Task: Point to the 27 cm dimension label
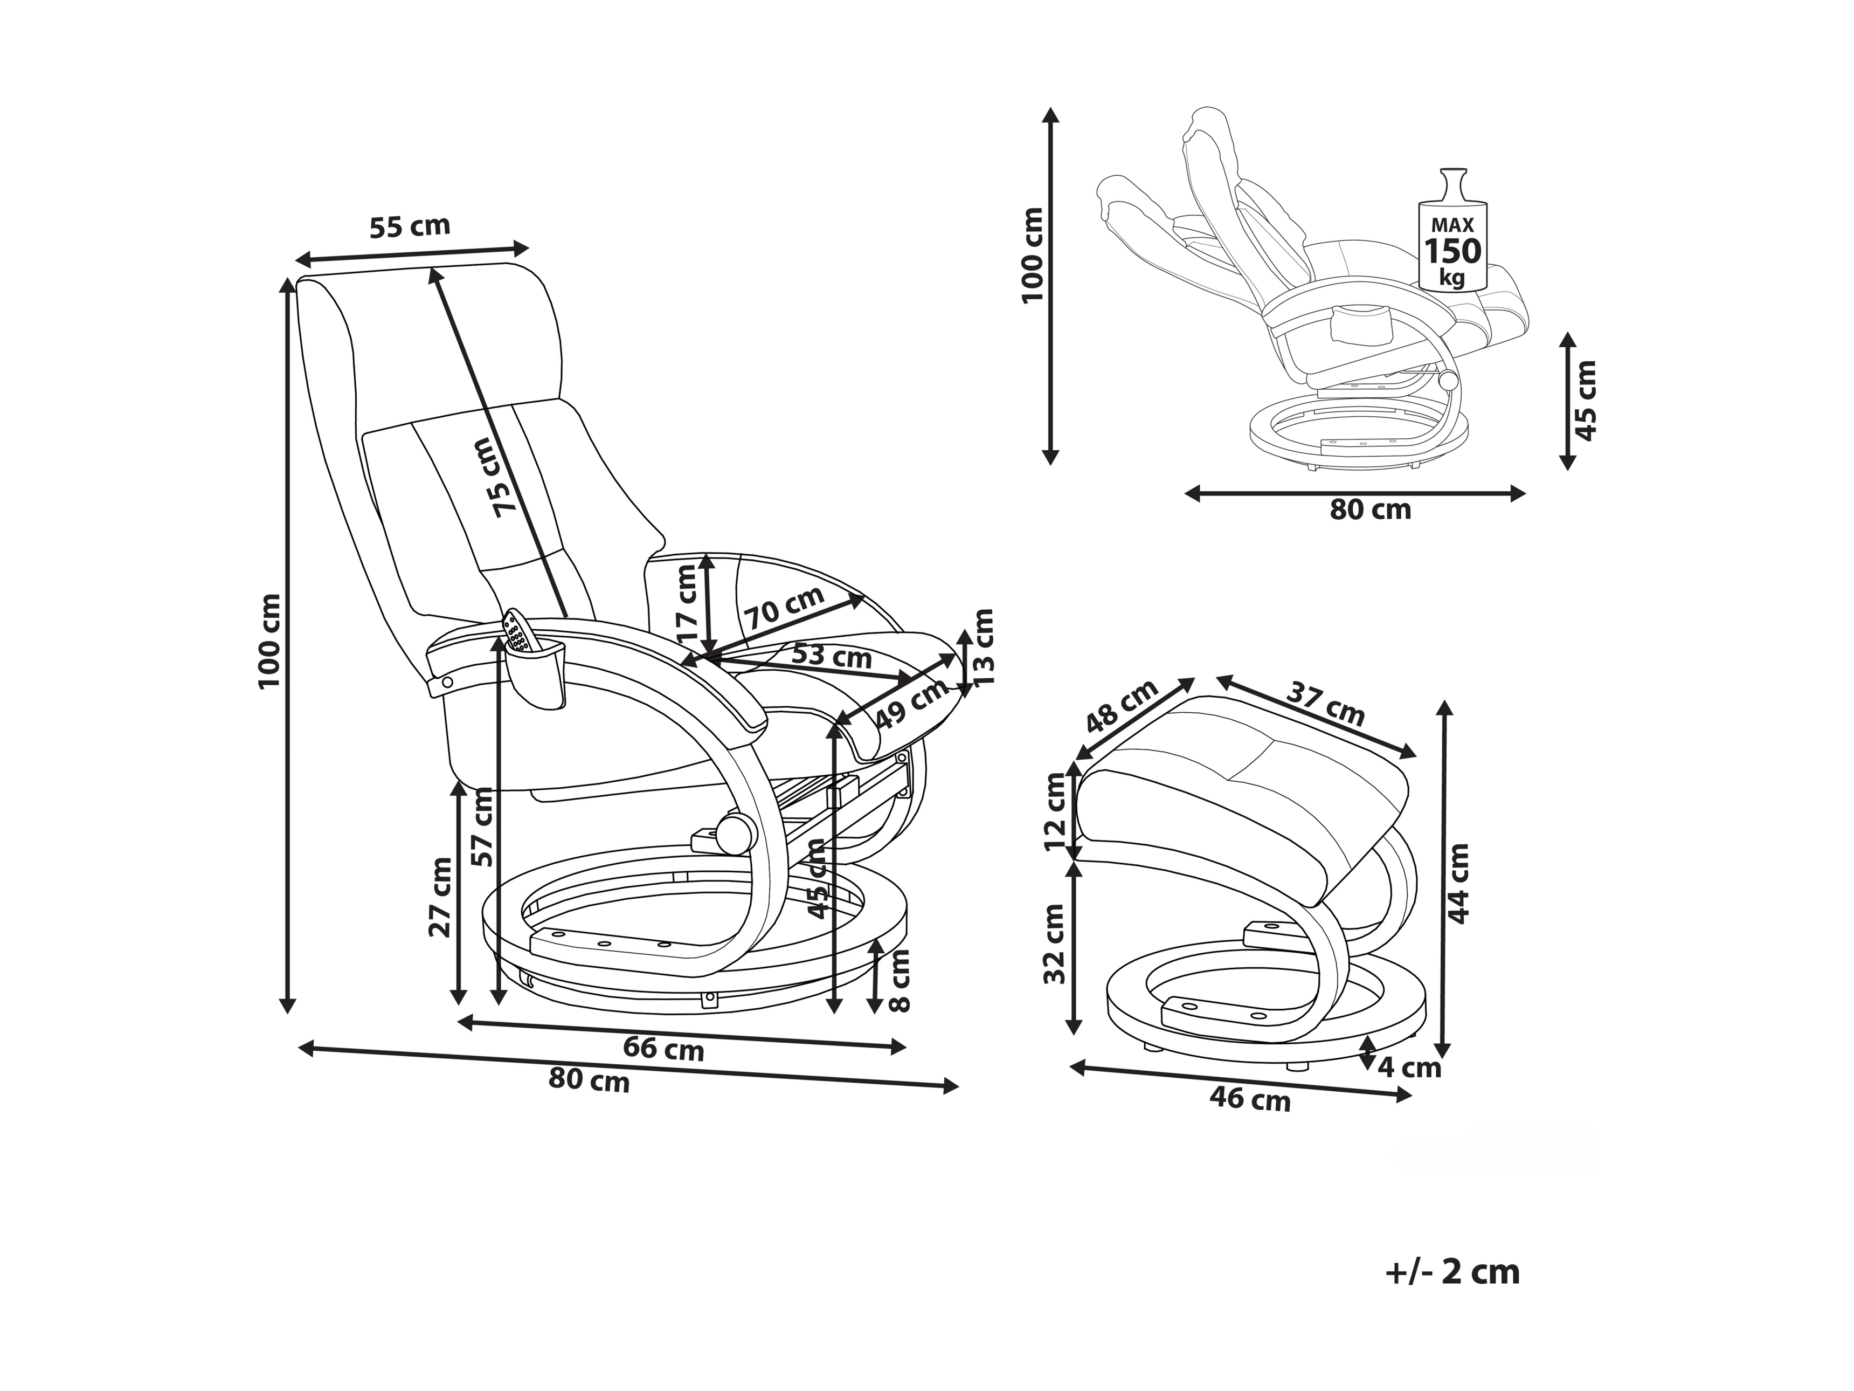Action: [x=439, y=896]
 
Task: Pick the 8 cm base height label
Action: [x=898, y=980]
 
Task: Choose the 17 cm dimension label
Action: [x=686, y=604]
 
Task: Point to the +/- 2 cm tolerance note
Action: [x=1452, y=1272]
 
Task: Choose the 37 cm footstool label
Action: [x=1326, y=702]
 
